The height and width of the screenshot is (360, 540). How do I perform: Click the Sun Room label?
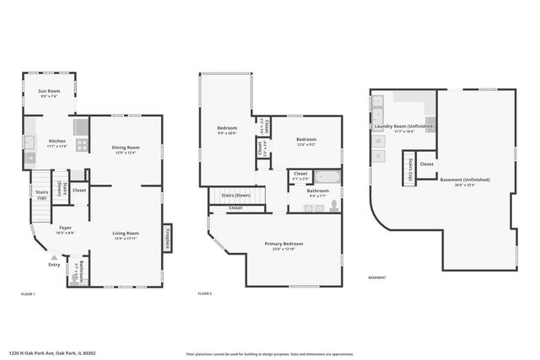pos(48,92)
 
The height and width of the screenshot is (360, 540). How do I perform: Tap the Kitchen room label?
pos(57,142)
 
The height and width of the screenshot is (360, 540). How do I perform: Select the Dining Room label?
pos(126,149)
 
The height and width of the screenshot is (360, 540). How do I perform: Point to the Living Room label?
pos(126,234)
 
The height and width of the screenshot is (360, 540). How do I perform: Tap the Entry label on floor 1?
pos(55,264)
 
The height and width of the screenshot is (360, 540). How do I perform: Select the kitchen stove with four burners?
pos(82,144)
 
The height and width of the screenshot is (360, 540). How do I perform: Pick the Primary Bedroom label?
pos(282,244)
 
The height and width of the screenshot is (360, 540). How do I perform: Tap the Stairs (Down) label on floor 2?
pos(236,195)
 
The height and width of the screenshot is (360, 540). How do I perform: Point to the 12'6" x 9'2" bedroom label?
pos(305,141)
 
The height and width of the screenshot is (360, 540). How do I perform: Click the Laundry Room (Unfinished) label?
pos(405,127)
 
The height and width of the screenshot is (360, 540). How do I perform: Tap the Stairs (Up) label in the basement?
pos(409,168)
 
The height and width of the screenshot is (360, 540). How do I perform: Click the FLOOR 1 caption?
pos(28,293)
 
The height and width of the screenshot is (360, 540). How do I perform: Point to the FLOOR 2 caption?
pos(205,293)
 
